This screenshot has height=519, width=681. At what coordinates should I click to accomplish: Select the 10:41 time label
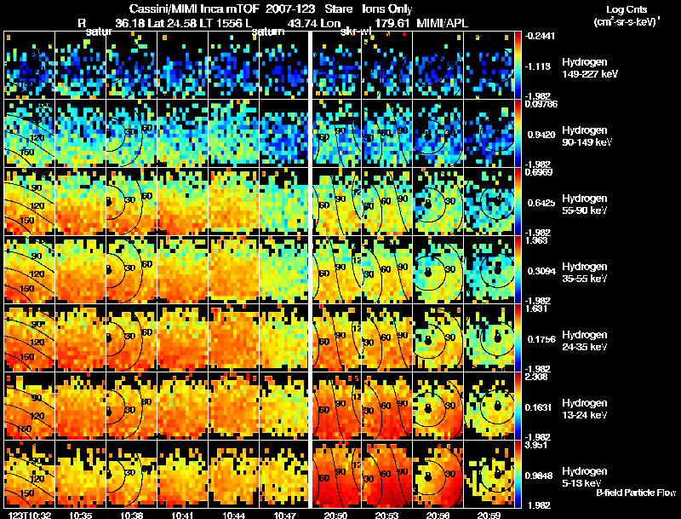[183, 515]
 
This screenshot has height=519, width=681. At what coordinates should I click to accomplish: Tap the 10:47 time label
[284, 515]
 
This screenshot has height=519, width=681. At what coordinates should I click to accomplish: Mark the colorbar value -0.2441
[541, 36]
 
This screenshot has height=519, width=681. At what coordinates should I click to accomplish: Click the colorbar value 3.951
[541, 445]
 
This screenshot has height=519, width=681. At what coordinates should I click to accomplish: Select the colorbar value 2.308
[541, 377]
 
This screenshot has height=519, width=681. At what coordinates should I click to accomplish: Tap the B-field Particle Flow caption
[635, 493]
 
